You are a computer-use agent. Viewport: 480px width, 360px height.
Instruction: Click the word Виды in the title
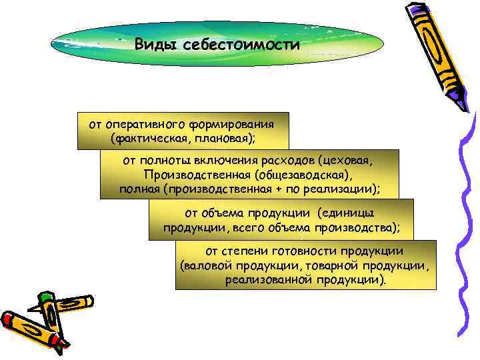click(x=154, y=45)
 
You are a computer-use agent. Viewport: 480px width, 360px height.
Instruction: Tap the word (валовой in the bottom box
click(x=203, y=266)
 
